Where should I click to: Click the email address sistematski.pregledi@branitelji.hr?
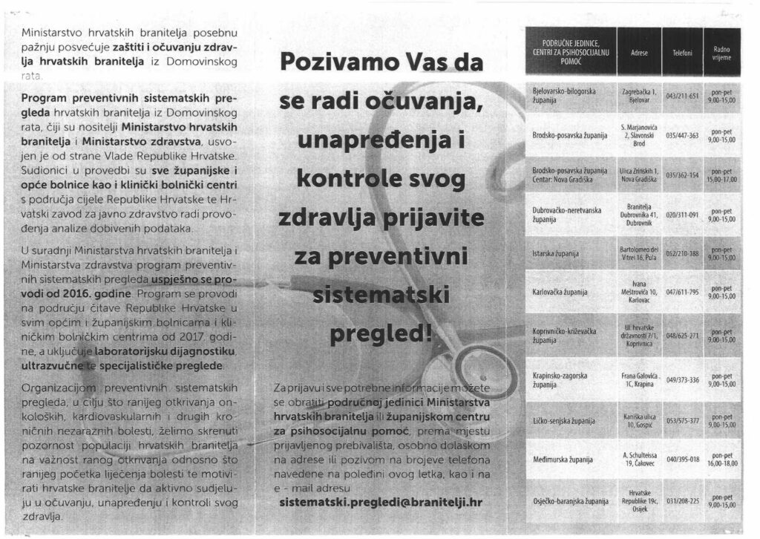pos(381,502)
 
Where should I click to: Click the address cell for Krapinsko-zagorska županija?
pos(639,380)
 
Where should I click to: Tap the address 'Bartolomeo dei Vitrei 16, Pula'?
pos(639,254)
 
